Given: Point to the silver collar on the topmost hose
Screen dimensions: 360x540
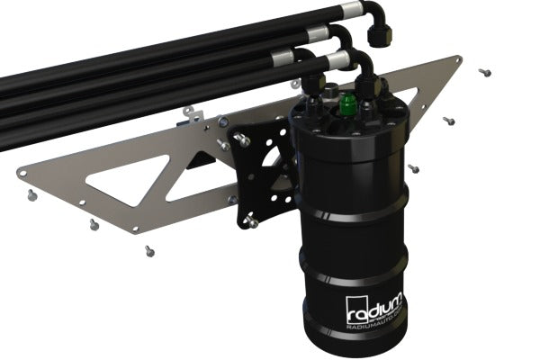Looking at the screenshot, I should coord(319,35).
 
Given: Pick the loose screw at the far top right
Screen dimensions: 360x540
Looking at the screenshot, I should coord(485,71).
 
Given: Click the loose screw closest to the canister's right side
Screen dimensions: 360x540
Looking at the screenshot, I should coord(413,168).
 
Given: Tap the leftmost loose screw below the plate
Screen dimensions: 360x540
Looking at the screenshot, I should coord(31,194).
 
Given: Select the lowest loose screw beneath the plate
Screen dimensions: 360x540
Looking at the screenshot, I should coord(149,251).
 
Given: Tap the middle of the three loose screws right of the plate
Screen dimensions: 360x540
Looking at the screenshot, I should coord(448,121).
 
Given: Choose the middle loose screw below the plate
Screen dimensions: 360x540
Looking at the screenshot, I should coord(94,225).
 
